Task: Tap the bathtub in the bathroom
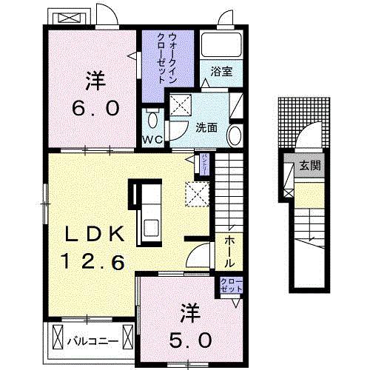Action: tap(223, 47)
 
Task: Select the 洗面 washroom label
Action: tap(206, 127)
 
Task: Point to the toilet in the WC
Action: tap(152, 118)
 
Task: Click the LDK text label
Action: tap(93, 235)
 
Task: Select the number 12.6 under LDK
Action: tap(93, 260)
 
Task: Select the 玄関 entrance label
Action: tap(311, 166)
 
